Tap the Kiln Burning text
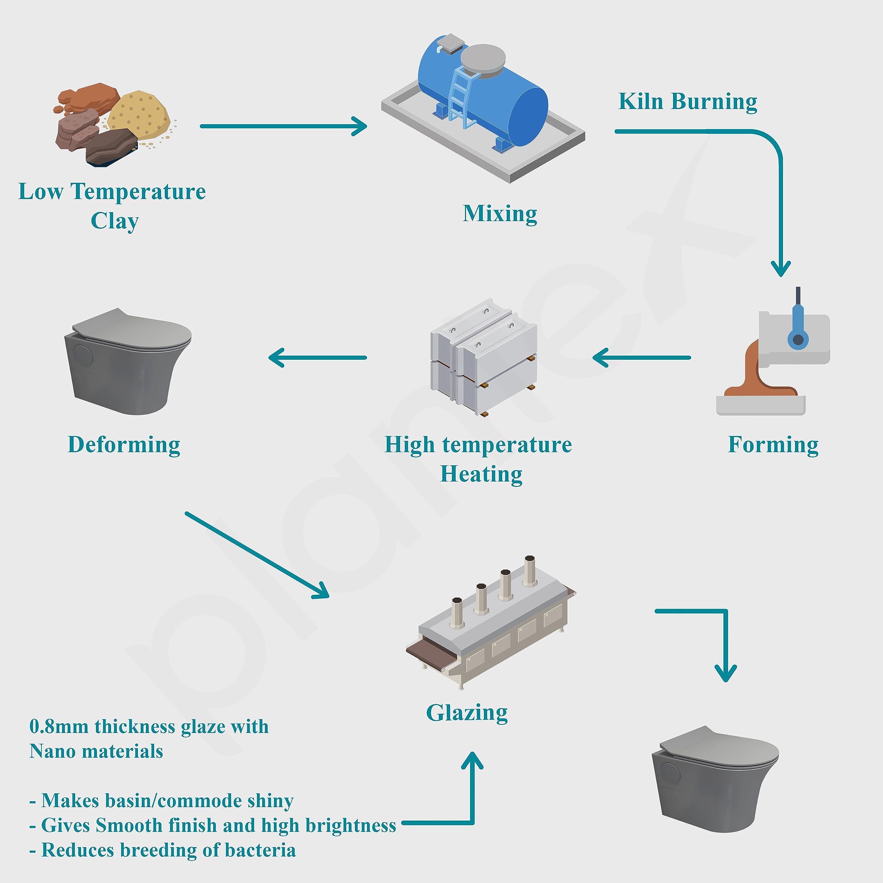pos(687,101)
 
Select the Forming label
pos(773,444)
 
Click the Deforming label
pos(124,444)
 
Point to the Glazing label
pos(467,713)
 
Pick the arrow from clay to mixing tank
pos(284,126)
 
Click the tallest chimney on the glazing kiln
pos(529,571)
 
